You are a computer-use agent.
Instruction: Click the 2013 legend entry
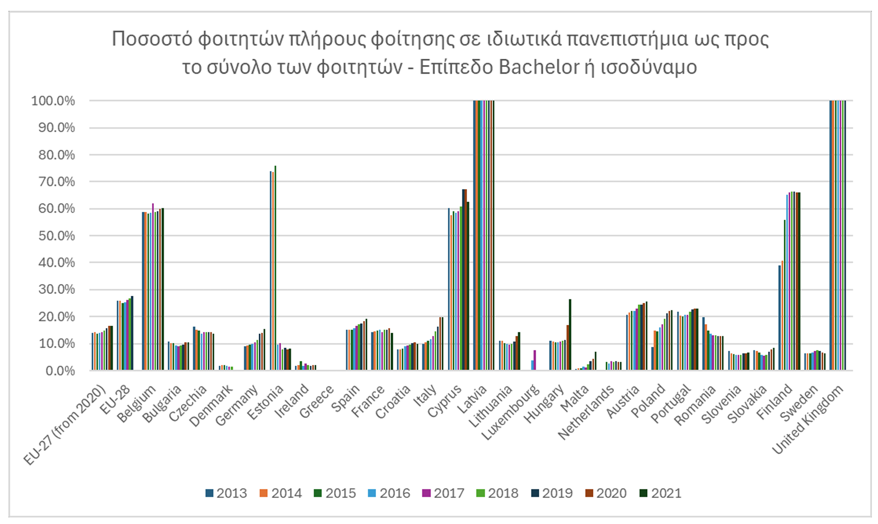tap(226, 493)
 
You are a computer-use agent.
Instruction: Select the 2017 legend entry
tap(444, 493)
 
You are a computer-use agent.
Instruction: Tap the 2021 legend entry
tap(661, 493)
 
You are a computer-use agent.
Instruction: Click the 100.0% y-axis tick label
tap(53, 101)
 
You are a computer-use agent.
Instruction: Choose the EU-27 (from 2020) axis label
tap(66, 425)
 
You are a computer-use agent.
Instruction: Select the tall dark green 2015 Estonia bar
tap(275, 268)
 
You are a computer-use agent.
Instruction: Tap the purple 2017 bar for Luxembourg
tap(535, 360)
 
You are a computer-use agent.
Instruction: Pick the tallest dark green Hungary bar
tap(570, 335)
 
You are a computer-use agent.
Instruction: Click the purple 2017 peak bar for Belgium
tap(153, 287)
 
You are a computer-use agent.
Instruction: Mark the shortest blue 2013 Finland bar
tap(779, 318)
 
